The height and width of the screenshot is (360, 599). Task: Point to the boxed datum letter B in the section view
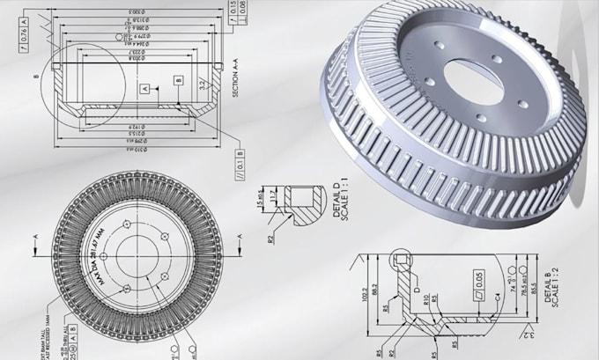tap(178, 80)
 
